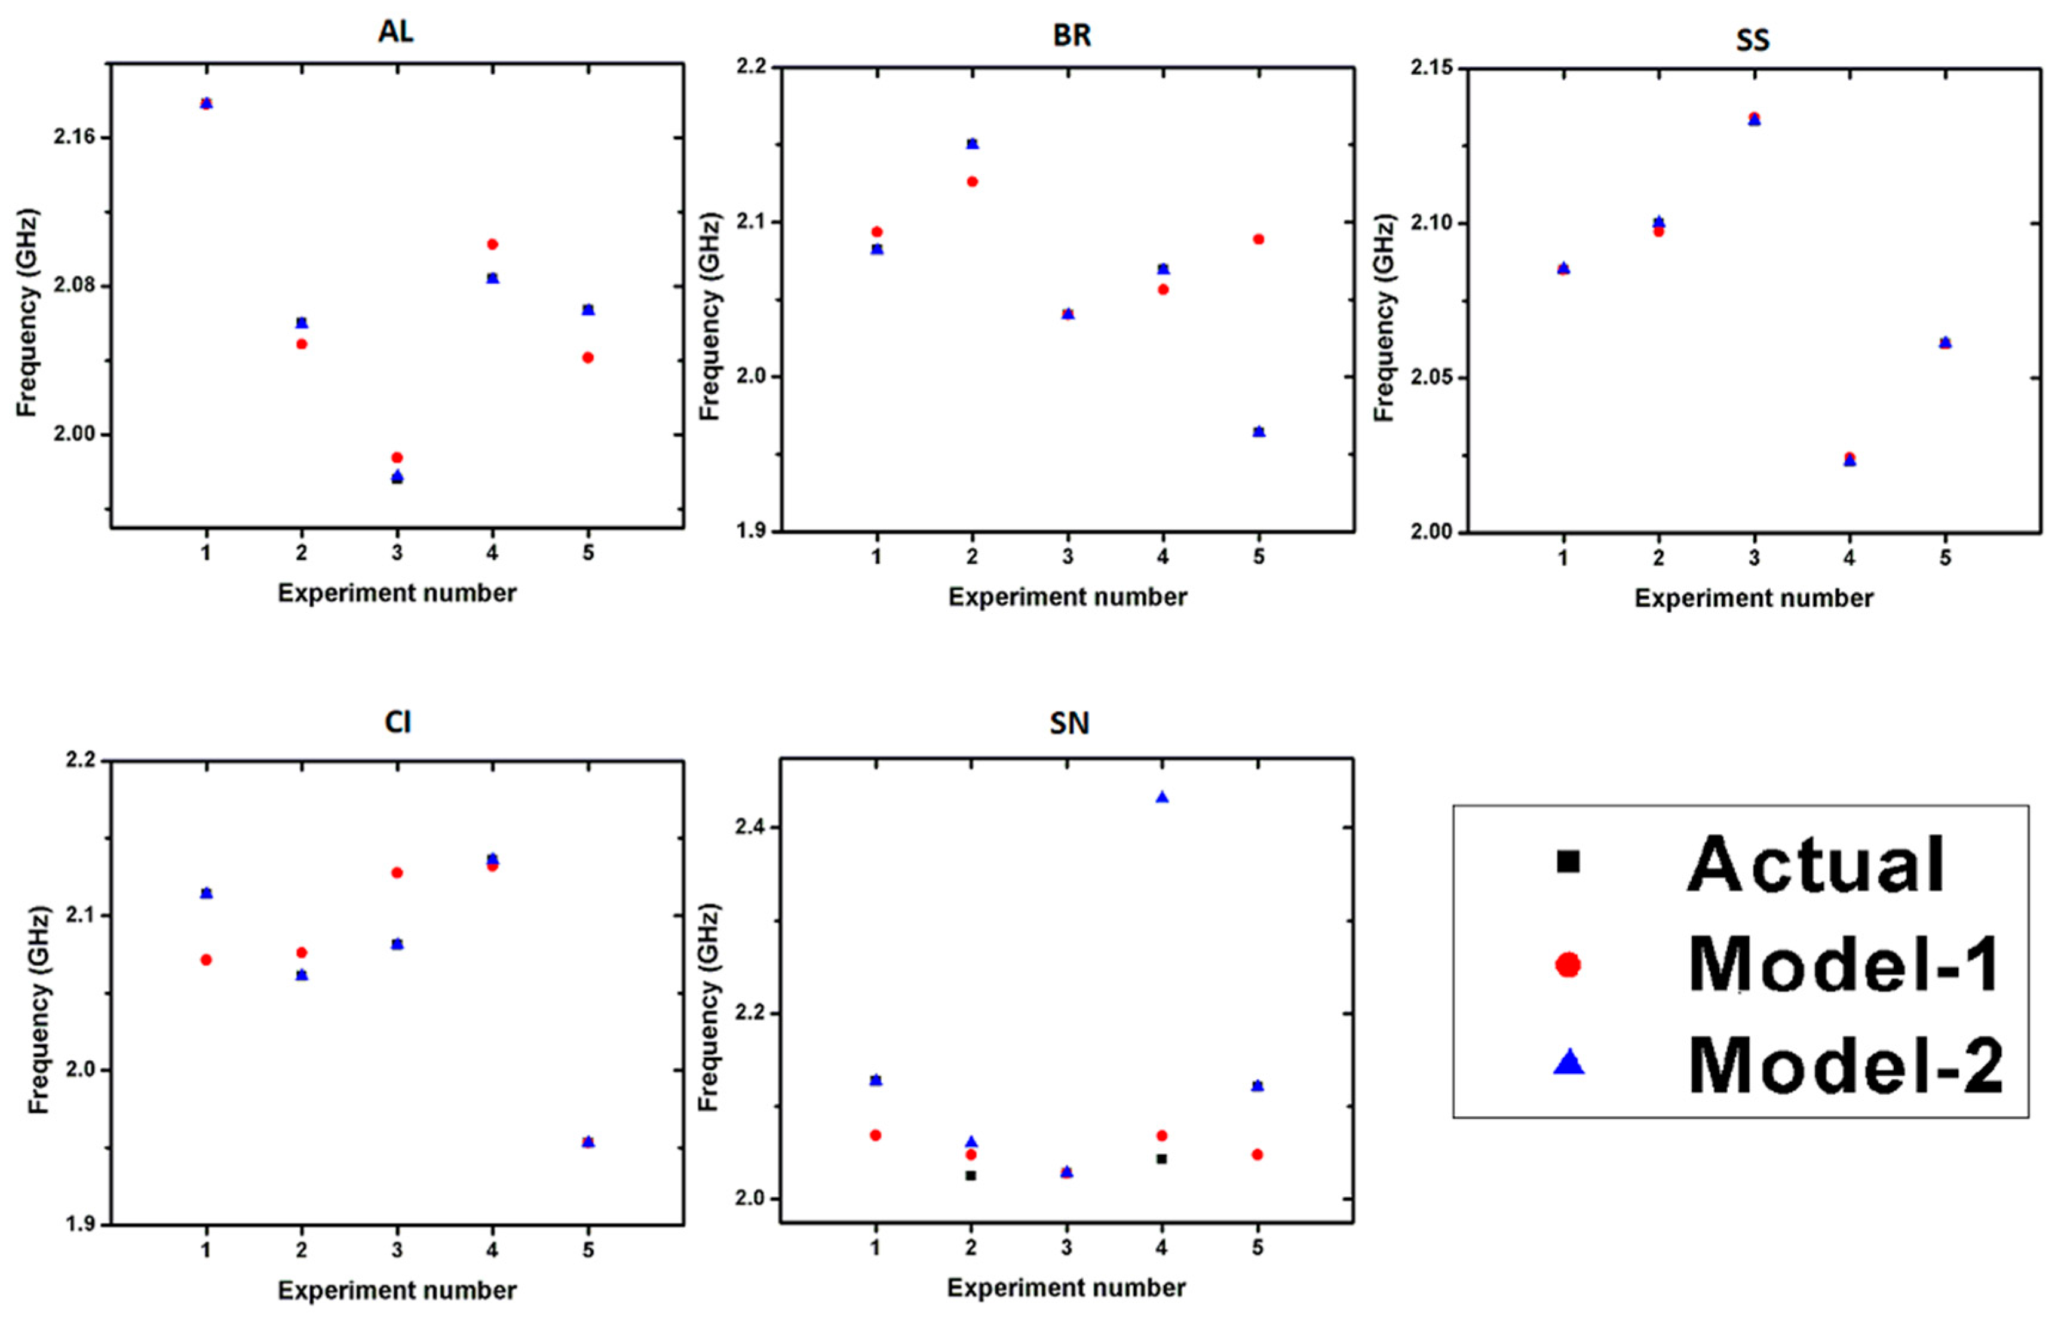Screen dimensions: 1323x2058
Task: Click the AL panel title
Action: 395,32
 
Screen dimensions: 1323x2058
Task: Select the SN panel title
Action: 1069,723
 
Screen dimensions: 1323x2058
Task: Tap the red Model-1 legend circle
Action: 1568,965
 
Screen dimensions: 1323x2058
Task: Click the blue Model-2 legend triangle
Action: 1568,1064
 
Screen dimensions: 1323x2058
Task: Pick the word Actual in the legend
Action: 1815,864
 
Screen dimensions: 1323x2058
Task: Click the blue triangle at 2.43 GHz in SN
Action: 1162,797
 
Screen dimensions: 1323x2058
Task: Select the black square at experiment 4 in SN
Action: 1162,1159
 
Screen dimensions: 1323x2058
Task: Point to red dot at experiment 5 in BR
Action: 1258,239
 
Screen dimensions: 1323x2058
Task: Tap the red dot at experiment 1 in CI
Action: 206,960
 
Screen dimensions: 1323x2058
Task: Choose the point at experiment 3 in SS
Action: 1754,118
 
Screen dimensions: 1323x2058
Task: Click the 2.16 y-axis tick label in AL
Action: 74,137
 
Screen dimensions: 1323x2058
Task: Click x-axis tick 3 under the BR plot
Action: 1068,557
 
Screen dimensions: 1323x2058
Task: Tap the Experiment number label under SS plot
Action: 1753,598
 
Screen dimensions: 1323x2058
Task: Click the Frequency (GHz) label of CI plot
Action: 39,1009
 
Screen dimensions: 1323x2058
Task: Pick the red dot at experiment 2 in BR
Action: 972,181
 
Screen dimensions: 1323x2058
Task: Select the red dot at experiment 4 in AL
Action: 492,244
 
